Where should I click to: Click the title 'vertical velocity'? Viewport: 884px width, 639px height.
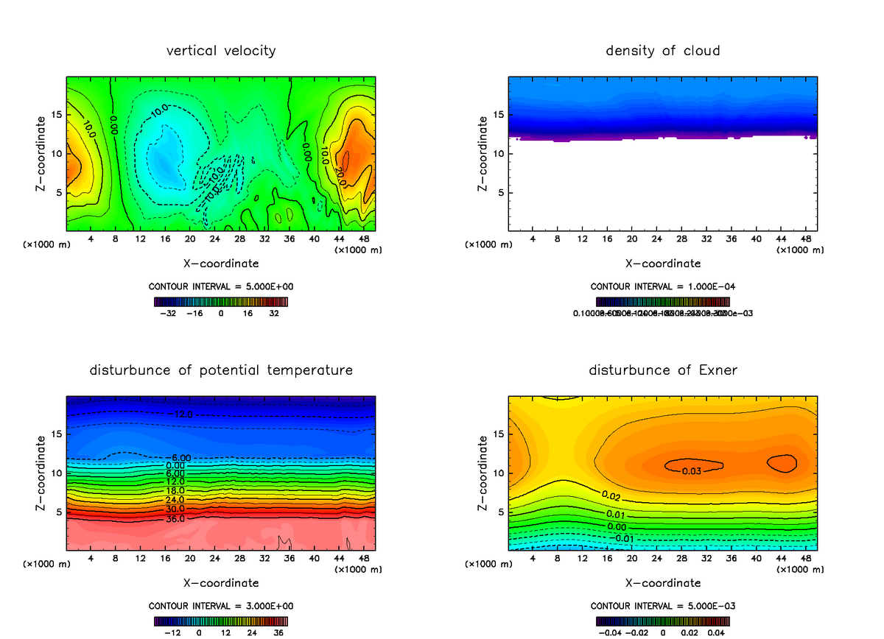point(221,51)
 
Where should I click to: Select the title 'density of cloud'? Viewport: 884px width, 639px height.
point(663,51)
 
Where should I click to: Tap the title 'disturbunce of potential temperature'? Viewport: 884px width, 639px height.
point(221,370)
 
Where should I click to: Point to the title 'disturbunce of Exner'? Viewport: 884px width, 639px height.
point(663,370)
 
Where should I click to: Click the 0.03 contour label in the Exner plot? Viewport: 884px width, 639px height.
point(691,471)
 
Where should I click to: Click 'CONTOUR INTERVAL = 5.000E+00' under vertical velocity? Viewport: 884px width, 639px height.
point(221,286)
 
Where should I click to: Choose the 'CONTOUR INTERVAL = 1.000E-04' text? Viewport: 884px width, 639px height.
point(663,286)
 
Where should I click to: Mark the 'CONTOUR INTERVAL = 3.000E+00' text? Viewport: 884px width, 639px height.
point(221,605)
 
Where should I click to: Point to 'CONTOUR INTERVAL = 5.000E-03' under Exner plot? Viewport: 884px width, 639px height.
point(663,605)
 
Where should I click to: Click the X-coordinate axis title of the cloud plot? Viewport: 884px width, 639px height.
point(663,263)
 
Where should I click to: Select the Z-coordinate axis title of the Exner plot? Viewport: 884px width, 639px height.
point(483,473)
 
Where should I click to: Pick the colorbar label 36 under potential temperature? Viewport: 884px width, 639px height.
point(278,632)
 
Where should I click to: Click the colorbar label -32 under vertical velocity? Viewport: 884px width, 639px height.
point(170,313)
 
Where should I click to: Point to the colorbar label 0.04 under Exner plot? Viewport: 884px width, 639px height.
point(716,632)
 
